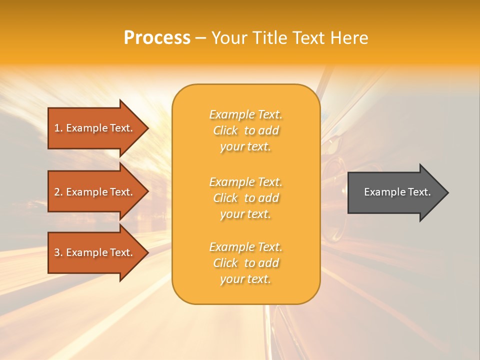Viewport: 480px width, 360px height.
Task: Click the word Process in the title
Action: pos(157,38)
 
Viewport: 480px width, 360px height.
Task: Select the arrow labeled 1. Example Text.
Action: pos(95,128)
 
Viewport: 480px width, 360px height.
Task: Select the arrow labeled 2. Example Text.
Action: pos(95,192)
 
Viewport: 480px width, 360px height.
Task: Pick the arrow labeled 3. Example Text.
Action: pos(95,252)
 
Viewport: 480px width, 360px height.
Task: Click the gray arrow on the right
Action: pos(395,192)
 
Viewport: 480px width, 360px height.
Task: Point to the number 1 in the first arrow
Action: pos(57,128)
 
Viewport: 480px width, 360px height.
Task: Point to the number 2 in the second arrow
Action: pos(57,192)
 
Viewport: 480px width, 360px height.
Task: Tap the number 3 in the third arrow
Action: pos(57,252)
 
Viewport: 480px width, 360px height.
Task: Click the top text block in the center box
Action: pos(245,130)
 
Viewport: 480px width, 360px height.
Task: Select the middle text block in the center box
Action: pos(245,198)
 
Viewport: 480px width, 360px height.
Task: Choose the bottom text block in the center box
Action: pos(245,263)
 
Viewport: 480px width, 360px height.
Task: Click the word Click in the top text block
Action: pos(225,130)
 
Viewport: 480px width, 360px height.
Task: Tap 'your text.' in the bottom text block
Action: pos(245,279)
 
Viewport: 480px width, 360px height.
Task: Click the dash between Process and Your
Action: pos(201,38)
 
